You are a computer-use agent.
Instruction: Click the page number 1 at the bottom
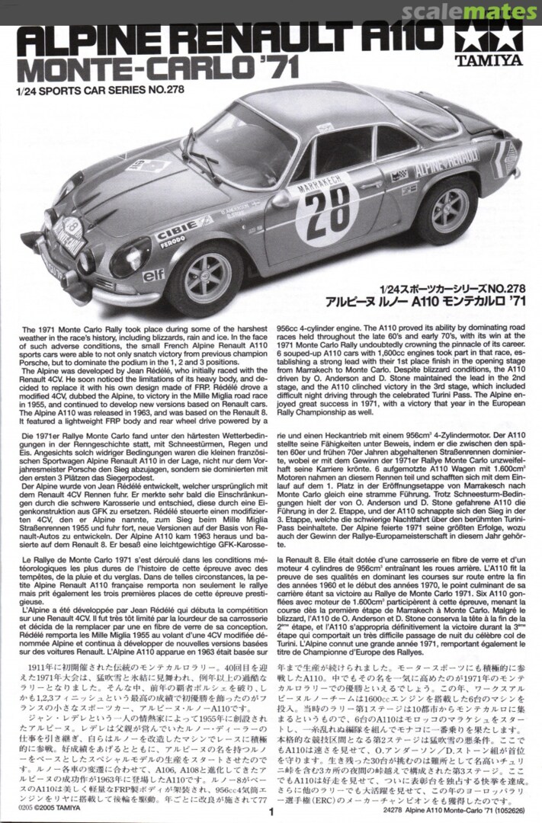[x=271, y=812]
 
